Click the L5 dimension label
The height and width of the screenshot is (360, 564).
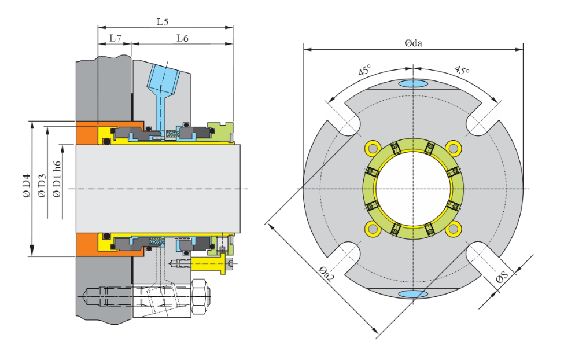[x=163, y=21]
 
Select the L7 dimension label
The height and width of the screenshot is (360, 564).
[x=115, y=38]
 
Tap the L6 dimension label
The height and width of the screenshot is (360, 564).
[x=182, y=38]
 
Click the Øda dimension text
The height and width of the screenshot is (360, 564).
[x=413, y=43]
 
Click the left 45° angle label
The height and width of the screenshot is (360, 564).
[x=364, y=71]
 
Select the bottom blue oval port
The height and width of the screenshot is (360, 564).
[x=414, y=294]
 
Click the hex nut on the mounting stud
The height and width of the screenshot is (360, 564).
[x=200, y=297]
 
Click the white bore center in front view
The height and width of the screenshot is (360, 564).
[x=414, y=189]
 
